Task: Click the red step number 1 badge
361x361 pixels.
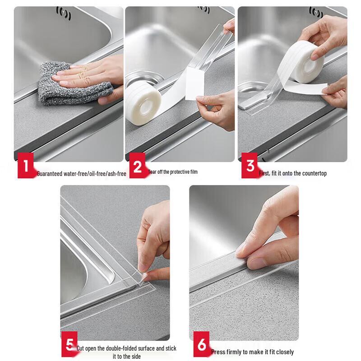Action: pos(26,167)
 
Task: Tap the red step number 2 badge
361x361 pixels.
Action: pos(137,167)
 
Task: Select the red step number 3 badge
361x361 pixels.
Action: pos(249,166)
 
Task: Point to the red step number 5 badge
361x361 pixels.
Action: pos(69,347)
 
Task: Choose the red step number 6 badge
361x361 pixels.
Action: pos(202,347)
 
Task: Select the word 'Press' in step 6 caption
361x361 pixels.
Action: pos(218,352)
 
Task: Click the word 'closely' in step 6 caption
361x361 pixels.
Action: pos(284,352)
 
